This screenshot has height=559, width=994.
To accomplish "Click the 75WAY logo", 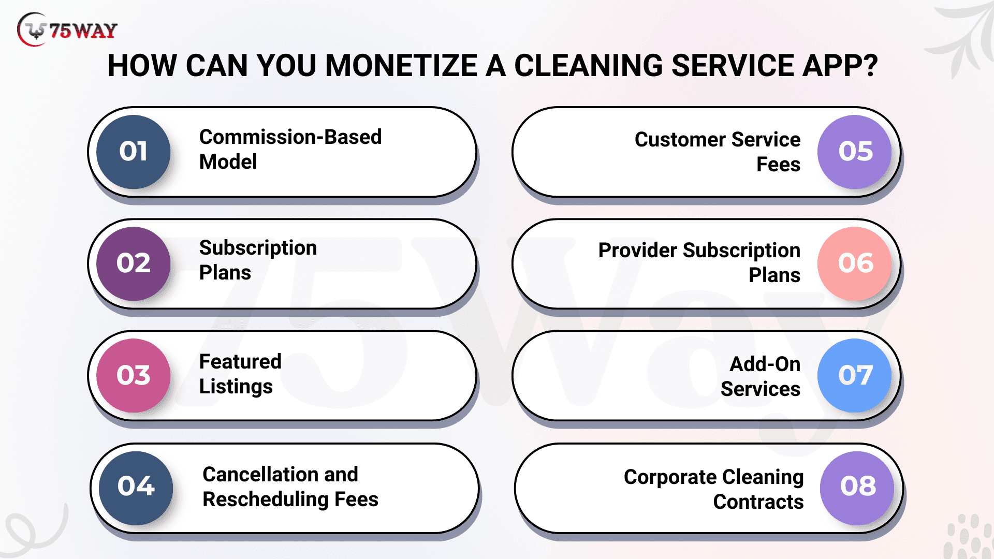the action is [x=67, y=30].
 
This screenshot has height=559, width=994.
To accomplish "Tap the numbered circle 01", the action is [x=134, y=152].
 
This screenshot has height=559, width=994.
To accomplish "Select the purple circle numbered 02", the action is [x=134, y=263].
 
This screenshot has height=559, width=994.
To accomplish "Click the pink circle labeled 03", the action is [x=134, y=375].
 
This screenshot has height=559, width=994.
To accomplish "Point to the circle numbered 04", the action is [x=136, y=488].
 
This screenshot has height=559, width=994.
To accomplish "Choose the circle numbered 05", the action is [x=855, y=152].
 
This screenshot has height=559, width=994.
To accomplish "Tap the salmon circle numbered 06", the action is [x=855, y=263].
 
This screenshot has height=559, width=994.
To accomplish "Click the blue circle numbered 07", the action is [x=855, y=375].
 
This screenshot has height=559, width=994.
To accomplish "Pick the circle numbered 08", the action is [x=857, y=488].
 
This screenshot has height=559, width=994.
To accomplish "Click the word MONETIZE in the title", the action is [x=401, y=66].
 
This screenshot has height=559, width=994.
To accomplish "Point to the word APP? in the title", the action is [x=840, y=66].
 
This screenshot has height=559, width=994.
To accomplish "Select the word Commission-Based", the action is [x=290, y=137].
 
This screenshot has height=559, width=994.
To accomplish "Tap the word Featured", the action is [x=240, y=361].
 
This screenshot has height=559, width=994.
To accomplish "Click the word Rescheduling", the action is [x=266, y=499].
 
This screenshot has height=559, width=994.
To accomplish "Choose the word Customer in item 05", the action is [x=680, y=140].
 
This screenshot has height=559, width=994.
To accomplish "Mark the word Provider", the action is [x=638, y=251].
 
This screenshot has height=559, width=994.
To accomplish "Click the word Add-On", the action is [x=765, y=364].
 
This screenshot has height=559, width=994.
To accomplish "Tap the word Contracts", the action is [x=758, y=502].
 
